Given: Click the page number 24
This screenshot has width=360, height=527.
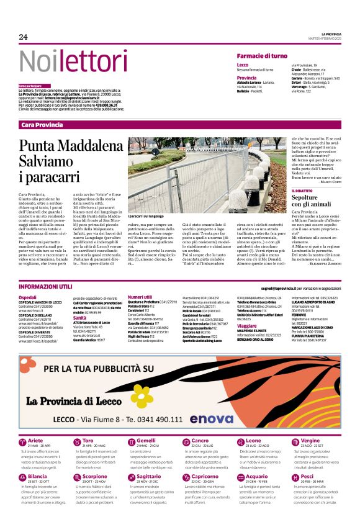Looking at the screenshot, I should [23, 37].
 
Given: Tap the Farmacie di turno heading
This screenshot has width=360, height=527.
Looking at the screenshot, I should [261, 56].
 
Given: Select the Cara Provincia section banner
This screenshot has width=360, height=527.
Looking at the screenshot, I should [42, 125].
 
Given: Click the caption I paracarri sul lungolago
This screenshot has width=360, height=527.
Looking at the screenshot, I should [151, 215].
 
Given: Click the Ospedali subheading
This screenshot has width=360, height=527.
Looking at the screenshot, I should [28, 297].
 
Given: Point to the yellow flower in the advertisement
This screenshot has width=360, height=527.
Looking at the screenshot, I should [141, 394].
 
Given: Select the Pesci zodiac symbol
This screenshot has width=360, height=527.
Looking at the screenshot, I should [292, 477].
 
